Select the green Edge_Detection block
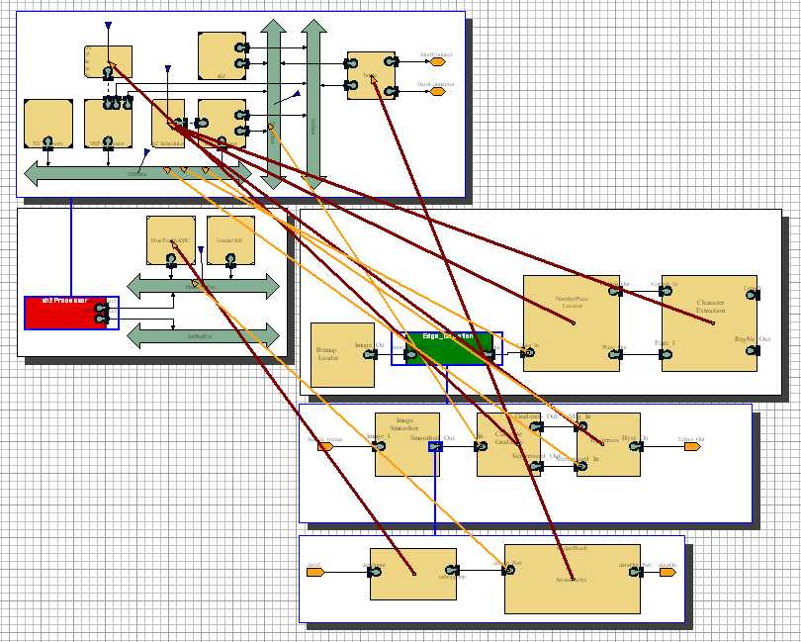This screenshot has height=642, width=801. (x=448, y=348)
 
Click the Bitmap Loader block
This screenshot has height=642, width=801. (x=342, y=354)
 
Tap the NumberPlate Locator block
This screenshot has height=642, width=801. (x=571, y=322)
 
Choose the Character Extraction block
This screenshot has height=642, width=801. (x=709, y=322)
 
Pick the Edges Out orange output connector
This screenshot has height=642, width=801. (x=691, y=446)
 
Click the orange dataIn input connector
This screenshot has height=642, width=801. (x=315, y=572)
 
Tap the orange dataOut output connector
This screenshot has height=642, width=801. (x=669, y=572)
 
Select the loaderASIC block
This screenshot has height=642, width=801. (x=230, y=239)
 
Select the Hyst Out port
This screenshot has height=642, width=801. (x=639, y=446)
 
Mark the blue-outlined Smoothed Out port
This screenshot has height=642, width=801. (x=435, y=446)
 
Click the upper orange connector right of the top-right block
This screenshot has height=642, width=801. (x=436, y=61)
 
